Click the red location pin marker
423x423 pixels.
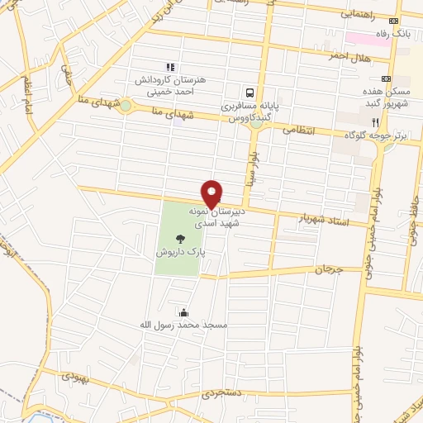(x=211, y=193)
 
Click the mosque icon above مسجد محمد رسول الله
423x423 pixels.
(x=183, y=312)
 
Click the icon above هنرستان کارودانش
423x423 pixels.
(x=170, y=67)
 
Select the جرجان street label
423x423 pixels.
(x=328, y=269)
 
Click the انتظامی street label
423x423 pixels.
(x=298, y=129)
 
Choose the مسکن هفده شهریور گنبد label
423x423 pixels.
(x=391, y=97)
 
